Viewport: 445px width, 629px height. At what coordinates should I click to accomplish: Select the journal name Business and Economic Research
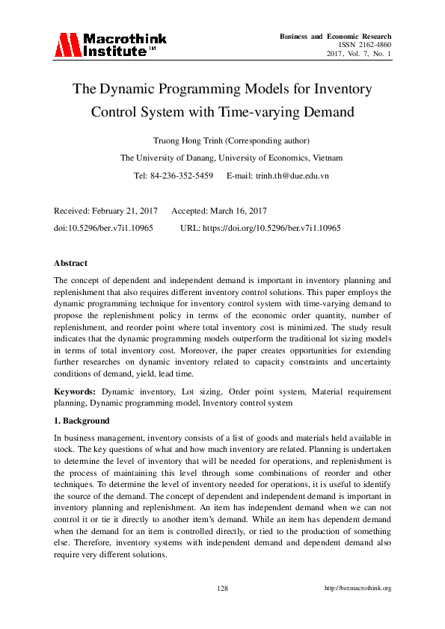[335, 37]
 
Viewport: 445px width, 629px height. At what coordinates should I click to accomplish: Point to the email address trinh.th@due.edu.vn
[277, 176]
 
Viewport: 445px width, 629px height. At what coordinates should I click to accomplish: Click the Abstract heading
[70, 263]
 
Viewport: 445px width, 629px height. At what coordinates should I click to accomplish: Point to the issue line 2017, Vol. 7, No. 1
[359, 55]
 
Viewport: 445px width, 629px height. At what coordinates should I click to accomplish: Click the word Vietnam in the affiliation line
[326, 158]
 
